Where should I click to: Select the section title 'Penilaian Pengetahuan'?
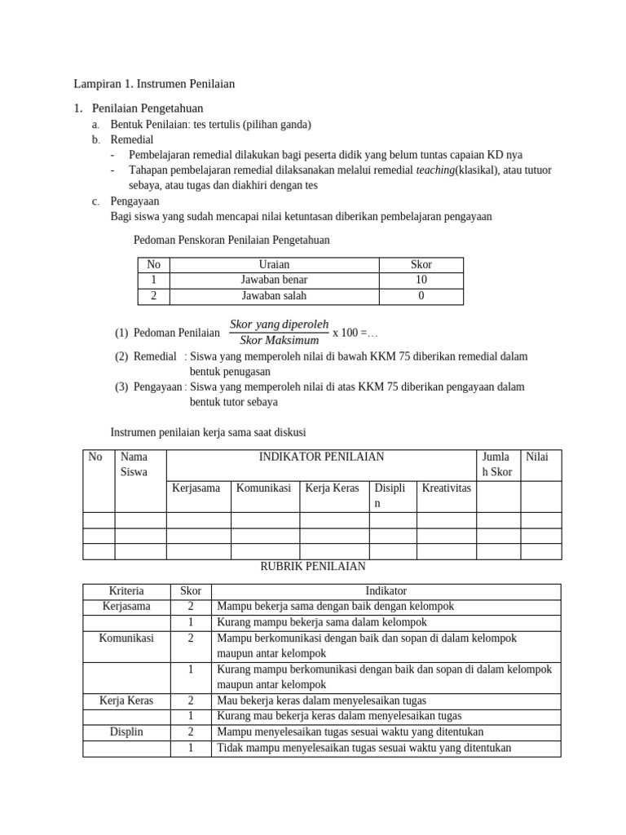click(148, 108)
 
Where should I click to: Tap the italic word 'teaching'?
click(435, 170)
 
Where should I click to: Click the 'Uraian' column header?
click(274, 264)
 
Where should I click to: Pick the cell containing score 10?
click(421, 280)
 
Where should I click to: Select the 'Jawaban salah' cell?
click(274, 296)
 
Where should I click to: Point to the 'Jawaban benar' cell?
click(274, 280)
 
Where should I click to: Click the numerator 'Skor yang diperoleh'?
click(279, 324)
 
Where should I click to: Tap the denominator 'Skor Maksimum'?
click(279, 340)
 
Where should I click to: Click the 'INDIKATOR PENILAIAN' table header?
click(321, 457)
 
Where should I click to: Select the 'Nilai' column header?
click(537, 457)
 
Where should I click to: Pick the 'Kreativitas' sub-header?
click(446, 488)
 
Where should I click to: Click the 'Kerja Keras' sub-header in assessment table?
click(332, 488)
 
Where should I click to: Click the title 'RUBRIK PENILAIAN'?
click(312, 565)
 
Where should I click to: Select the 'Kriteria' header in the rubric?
click(126, 590)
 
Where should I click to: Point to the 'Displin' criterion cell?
click(126, 731)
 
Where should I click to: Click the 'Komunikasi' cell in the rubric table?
click(126, 638)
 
